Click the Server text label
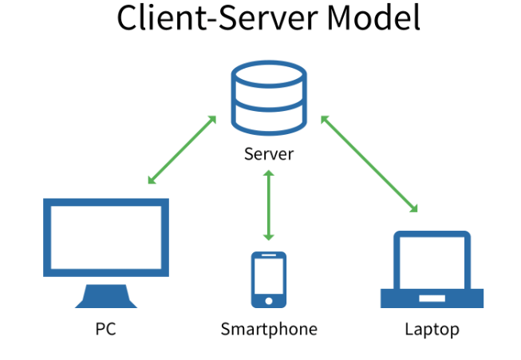pyautogui.click(x=269, y=154)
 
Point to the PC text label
pyautogui.click(x=105, y=328)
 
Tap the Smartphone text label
pyautogui.click(x=269, y=328)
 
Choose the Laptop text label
pyautogui.click(x=432, y=328)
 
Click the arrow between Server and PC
pyautogui.click(x=182, y=150)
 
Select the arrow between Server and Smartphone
pyautogui.click(x=269, y=205)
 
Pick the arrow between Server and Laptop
pyautogui.click(x=369, y=164)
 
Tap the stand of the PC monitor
pyautogui.click(x=105, y=297)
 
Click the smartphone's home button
pyautogui.click(x=269, y=302)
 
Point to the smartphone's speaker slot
pyautogui.click(x=269, y=257)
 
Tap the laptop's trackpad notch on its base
pyautogui.click(x=432, y=297)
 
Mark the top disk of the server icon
pyautogui.click(x=268, y=77)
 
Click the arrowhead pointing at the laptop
pyautogui.click(x=414, y=209)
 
